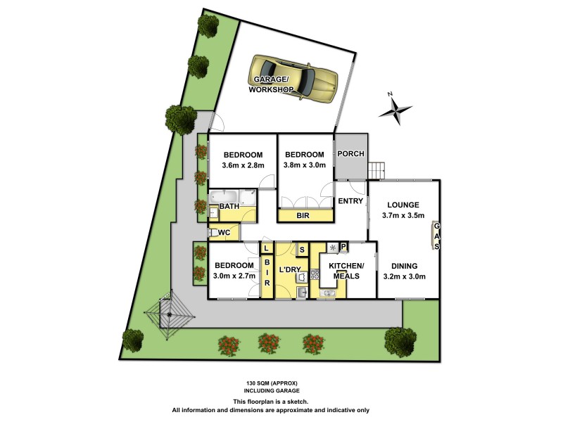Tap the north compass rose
(x=398, y=109)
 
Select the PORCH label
(x=350, y=154)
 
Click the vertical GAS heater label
(x=436, y=235)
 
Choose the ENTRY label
(x=350, y=201)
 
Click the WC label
(x=224, y=231)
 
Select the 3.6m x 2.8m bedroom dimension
(x=243, y=166)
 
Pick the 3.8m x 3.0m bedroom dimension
(x=305, y=166)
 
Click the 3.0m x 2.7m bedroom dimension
(x=233, y=277)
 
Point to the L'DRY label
(x=290, y=270)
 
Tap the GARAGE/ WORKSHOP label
(x=271, y=85)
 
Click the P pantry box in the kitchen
(x=343, y=246)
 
